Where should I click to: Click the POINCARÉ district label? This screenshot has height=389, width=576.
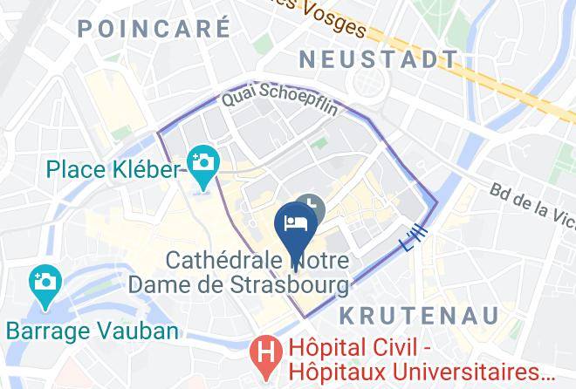tap(154, 29)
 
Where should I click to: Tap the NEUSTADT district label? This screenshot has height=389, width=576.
tap(378, 59)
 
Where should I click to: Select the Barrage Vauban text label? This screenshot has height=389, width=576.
tap(93, 331)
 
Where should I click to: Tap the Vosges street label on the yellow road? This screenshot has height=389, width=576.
tap(336, 19)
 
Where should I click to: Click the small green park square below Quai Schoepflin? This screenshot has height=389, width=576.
tap(319, 142)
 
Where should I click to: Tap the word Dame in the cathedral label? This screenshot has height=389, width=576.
tap(158, 284)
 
